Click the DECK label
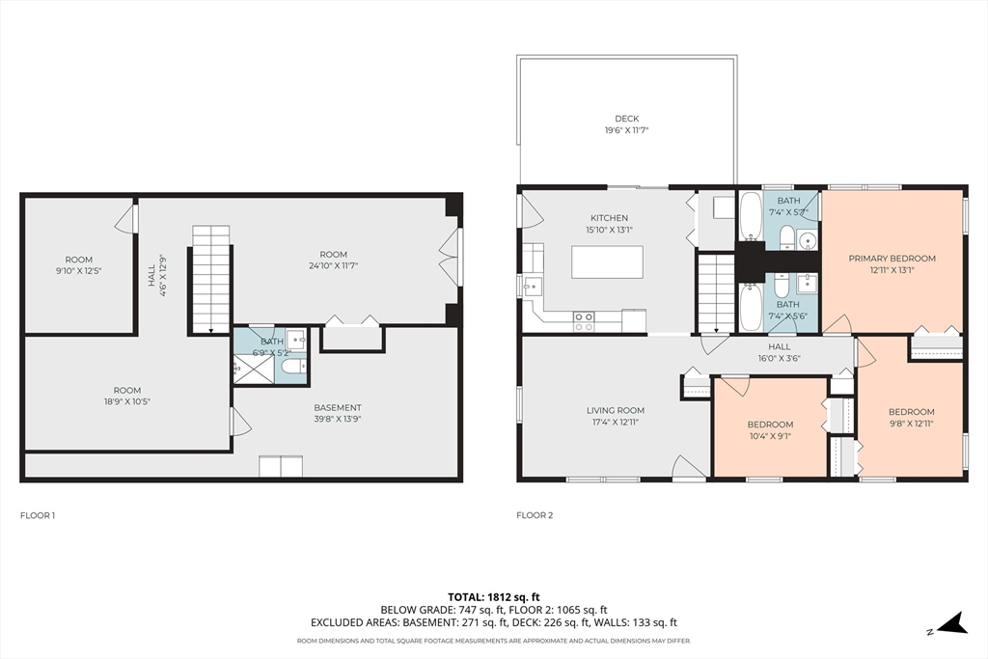coord(626,119)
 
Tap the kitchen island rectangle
coord(608,262)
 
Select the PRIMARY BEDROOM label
coord(892,259)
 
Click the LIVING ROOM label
coord(615,411)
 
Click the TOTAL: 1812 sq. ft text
coord(493,596)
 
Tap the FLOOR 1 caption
coord(38,515)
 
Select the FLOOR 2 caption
coord(535,515)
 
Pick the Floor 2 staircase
coord(717,292)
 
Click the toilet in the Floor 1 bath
coord(293,367)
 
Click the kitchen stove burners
coord(584,322)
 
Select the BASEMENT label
coord(338,407)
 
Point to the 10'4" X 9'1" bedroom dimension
coord(770,436)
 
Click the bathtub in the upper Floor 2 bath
coord(750,216)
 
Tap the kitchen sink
coord(533,287)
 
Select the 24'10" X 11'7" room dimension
coord(333,266)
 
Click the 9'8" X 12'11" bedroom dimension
coord(911,424)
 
